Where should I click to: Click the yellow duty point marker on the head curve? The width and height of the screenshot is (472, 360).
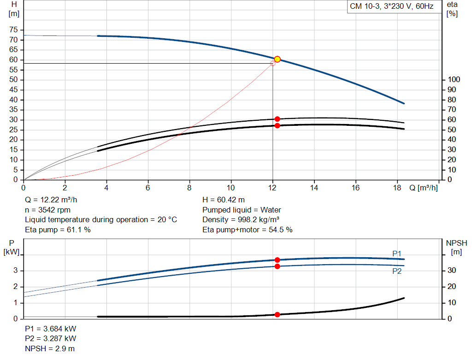277,59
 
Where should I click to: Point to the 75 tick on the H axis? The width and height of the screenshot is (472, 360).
13,30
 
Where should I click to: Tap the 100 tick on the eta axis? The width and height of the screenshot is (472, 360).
454,80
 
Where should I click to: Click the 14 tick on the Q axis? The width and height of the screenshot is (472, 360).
314,188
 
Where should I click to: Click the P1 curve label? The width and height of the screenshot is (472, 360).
397,254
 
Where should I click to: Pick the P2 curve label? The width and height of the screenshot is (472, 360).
397,271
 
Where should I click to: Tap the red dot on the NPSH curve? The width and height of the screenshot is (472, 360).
277,314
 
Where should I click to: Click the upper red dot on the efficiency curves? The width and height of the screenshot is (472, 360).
277,119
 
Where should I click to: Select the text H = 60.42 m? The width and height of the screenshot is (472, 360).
224,200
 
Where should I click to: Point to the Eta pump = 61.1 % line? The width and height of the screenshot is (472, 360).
58,230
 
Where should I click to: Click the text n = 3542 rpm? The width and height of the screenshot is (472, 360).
48,210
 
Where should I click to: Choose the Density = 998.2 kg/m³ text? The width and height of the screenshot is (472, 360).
241,219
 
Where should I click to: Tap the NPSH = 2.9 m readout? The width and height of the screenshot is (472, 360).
49,348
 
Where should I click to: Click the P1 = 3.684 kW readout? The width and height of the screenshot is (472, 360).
51,329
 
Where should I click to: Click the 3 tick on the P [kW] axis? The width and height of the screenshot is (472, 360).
15,271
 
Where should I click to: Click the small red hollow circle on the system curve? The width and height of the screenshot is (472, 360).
273,63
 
